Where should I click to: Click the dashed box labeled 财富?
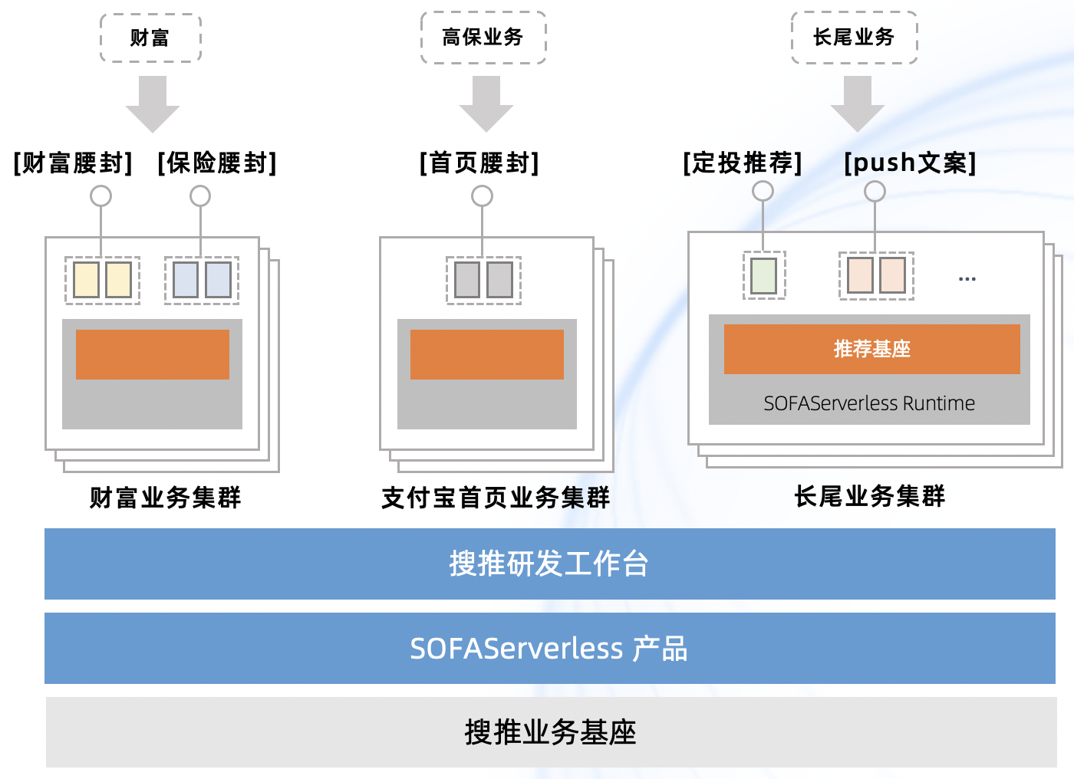(x=150, y=38)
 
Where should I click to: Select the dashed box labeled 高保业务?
(x=483, y=37)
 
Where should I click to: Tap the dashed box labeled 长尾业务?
(x=854, y=37)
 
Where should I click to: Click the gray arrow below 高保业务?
(x=486, y=104)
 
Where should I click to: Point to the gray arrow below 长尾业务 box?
(x=858, y=104)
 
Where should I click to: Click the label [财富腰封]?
(x=74, y=163)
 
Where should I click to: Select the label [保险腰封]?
(x=217, y=163)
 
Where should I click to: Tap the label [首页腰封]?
(x=479, y=163)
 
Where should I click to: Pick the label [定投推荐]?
(x=743, y=163)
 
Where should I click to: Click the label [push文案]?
(x=910, y=163)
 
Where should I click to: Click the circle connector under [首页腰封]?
(x=482, y=196)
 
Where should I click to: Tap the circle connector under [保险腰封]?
(x=200, y=196)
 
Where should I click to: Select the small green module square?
(x=763, y=276)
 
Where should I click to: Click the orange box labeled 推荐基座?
(x=871, y=349)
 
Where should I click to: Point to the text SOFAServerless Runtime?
(x=868, y=403)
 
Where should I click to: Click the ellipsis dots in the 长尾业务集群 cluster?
(x=967, y=279)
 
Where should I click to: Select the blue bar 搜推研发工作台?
(x=549, y=564)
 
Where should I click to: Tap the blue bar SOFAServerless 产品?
(x=549, y=648)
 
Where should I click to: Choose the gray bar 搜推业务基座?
(x=551, y=731)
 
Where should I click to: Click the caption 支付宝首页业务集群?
(x=496, y=498)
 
